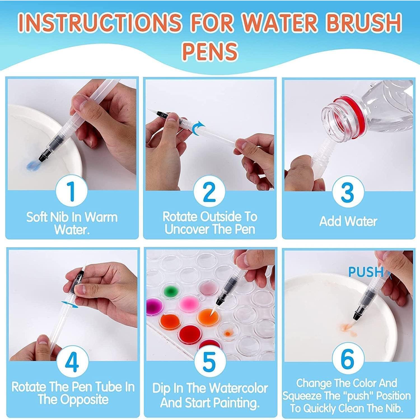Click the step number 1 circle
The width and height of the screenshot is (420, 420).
72,190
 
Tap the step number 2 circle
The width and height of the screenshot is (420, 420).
209,192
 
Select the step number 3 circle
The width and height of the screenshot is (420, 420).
348,192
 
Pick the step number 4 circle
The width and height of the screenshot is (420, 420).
72,361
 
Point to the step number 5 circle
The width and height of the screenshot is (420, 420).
209,361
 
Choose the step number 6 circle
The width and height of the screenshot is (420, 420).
348,359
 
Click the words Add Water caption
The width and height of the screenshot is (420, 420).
348,221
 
